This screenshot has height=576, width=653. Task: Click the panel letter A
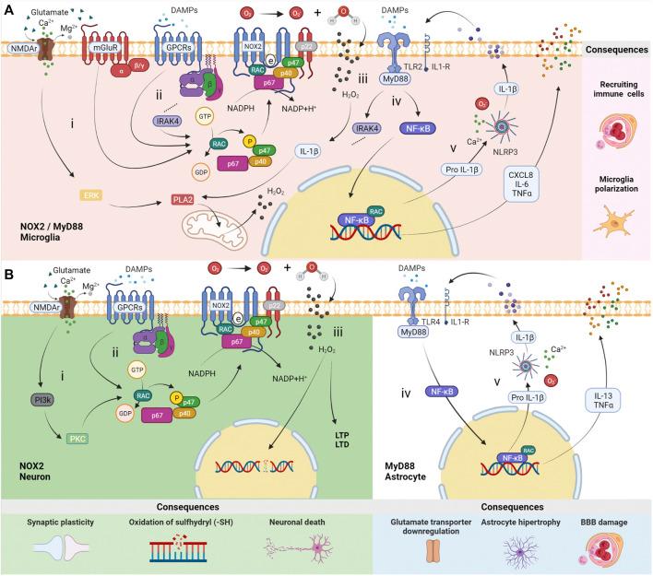[x=7, y=8]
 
